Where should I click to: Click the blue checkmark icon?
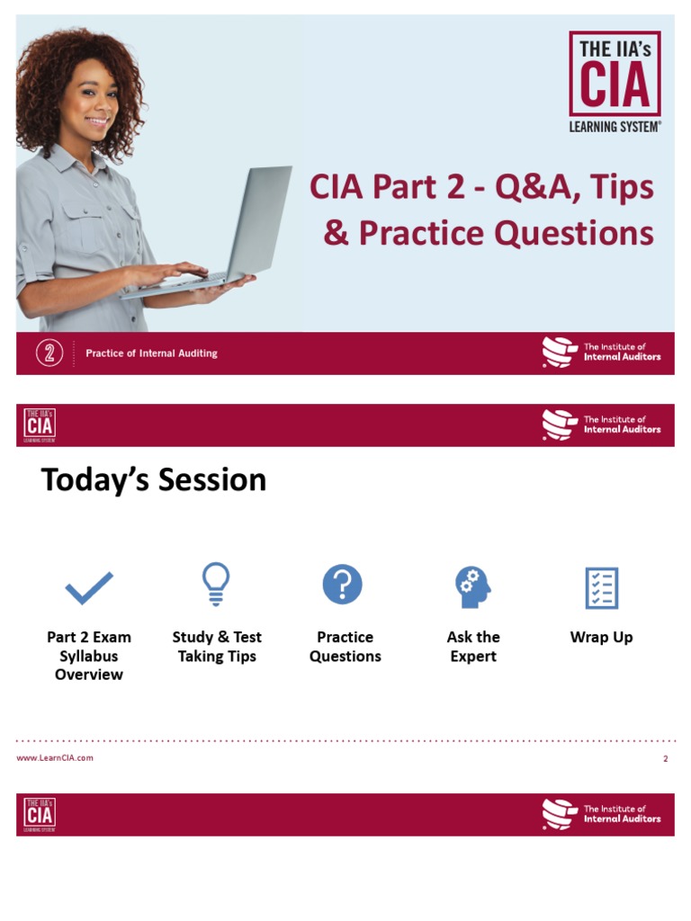point(89,588)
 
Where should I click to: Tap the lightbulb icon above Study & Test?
point(216,585)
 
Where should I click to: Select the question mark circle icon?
point(343,585)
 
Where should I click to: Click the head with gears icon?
point(472,587)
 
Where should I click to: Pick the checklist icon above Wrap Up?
point(601,588)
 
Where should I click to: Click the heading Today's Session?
point(154,480)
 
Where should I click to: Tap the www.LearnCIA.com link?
point(55,758)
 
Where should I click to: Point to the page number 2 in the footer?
point(666,759)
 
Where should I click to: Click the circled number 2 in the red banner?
point(49,353)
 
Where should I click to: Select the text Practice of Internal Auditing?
point(151,353)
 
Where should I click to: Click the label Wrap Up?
point(601,638)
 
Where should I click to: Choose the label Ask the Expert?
point(473,647)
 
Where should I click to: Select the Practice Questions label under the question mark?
point(345,647)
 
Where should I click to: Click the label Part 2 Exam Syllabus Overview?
point(88,656)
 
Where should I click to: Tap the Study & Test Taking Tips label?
point(217,647)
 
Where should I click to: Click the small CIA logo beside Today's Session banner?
point(40,425)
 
